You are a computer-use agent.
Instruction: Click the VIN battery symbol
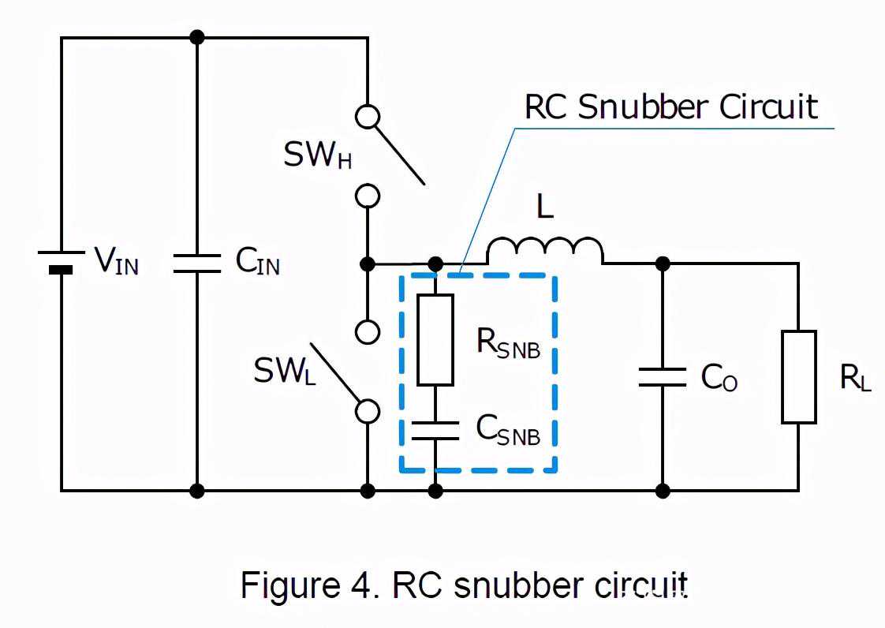tap(61, 263)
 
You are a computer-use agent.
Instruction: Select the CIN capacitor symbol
tap(197, 263)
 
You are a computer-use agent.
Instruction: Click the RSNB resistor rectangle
tap(435, 339)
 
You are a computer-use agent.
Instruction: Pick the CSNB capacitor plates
tap(435, 430)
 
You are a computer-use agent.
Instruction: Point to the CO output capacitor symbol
tap(663, 376)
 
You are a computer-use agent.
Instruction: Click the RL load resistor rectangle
tap(798, 376)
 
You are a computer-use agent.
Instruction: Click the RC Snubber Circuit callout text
tap(671, 107)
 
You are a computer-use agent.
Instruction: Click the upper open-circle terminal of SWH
tap(368, 117)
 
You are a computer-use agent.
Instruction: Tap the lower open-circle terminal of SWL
tap(368, 411)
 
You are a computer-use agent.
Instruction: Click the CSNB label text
tap(508, 429)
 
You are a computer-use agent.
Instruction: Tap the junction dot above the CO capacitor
tap(663, 262)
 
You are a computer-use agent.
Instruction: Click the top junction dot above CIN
tap(197, 37)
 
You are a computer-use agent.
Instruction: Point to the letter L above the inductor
tap(545, 207)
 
